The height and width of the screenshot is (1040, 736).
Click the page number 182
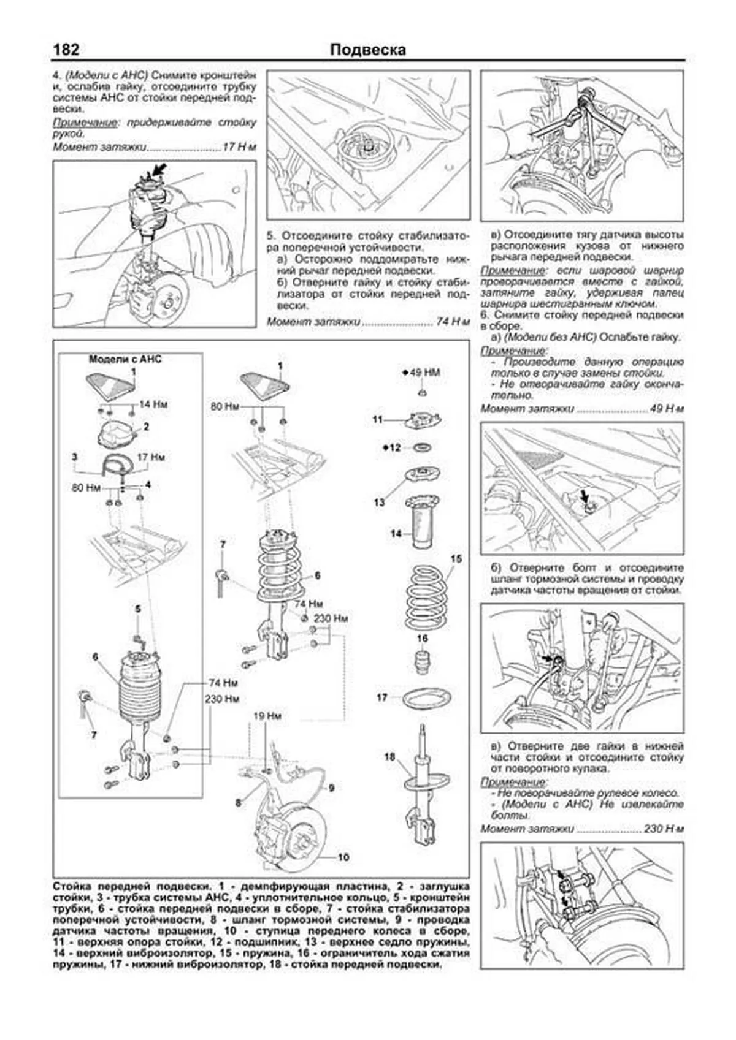(66, 50)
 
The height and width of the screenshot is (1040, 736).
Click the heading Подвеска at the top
(367, 50)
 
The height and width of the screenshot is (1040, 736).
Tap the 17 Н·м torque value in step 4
(239, 147)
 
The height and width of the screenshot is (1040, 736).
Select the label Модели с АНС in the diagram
(125, 359)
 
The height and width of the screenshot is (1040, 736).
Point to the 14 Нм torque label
(153, 404)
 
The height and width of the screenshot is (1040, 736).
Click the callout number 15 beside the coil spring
(456, 559)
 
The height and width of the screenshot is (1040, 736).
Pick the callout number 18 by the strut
(389, 757)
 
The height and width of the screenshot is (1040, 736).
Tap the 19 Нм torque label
(267, 716)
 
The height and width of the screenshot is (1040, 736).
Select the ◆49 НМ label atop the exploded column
(421, 373)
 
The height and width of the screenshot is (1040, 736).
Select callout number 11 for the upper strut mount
(378, 420)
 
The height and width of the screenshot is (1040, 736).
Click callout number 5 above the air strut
(138, 609)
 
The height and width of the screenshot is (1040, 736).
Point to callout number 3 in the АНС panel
(74, 457)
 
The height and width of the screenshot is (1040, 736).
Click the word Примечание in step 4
(85, 123)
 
